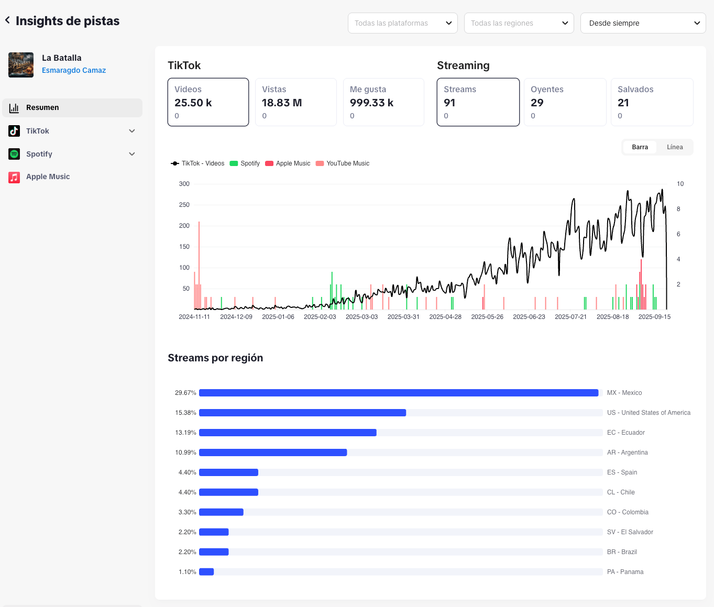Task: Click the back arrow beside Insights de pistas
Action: click(x=7, y=20)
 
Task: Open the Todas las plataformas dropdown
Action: click(x=402, y=23)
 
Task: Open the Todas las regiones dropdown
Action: click(x=519, y=23)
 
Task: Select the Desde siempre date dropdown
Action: click(x=643, y=23)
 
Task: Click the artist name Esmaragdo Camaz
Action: click(x=74, y=70)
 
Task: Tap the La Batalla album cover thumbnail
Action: click(x=21, y=65)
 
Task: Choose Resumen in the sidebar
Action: click(x=72, y=107)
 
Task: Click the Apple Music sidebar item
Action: click(x=48, y=177)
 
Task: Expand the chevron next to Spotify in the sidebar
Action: click(x=132, y=154)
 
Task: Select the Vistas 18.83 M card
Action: click(x=295, y=102)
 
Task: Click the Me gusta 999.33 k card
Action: click(x=383, y=102)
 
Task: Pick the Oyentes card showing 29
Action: click(x=565, y=102)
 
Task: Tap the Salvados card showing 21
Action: click(x=652, y=102)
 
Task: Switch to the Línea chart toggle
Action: click(x=675, y=147)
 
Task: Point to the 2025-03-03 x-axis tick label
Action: click(x=361, y=317)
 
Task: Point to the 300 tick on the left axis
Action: click(x=184, y=184)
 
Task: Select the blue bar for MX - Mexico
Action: click(x=398, y=393)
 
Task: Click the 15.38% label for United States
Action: click(x=185, y=413)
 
